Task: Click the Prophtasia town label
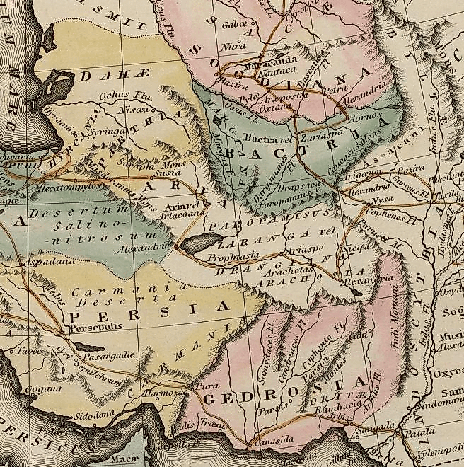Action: (233, 258)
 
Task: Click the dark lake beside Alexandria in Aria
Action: (192, 244)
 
